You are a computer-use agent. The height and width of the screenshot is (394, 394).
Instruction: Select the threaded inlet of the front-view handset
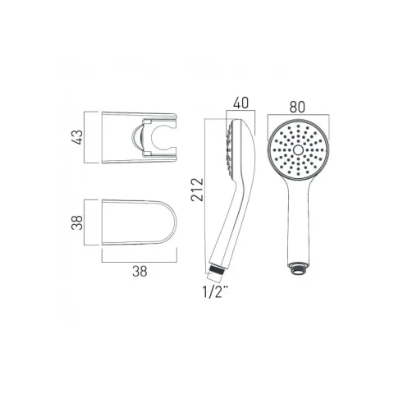click(299, 267)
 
